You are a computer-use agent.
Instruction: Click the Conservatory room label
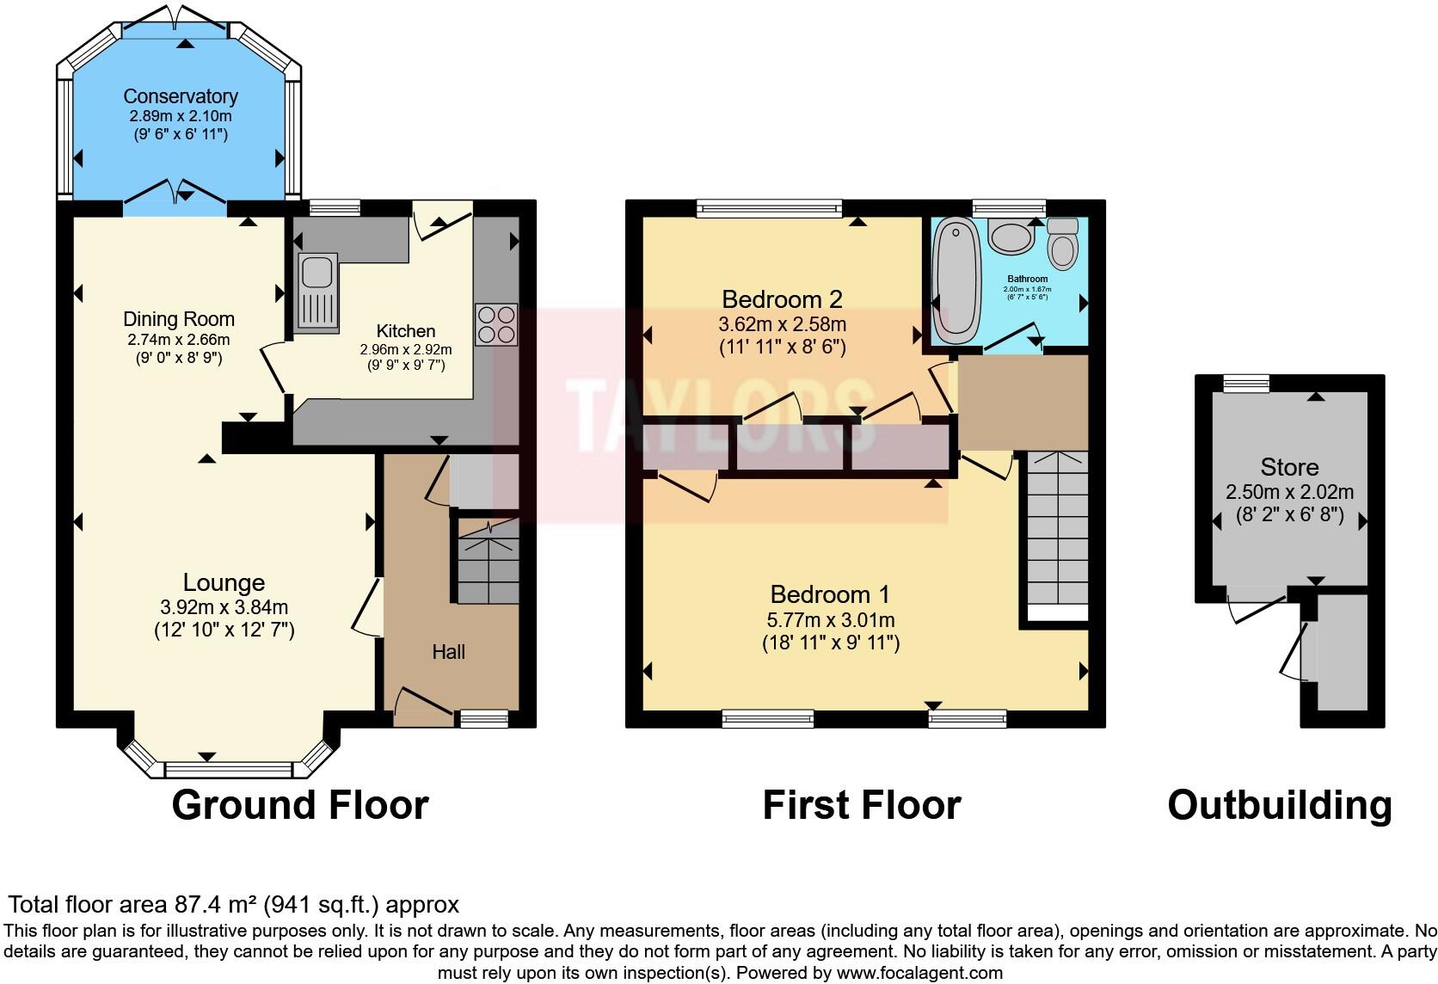(x=180, y=96)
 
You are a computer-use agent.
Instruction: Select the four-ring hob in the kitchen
(x=496, y=324)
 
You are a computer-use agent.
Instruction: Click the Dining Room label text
(x=179, y=319)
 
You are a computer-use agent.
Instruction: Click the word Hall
(x=448, y=652)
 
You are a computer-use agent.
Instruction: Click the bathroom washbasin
(x=1011, y=236)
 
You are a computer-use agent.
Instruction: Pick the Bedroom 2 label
(x=782, y=299)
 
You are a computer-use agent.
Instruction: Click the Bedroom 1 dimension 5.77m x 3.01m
(x=830, y=619)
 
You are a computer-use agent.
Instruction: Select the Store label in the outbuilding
(x=1288, y=467)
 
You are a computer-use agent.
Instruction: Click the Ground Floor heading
(x=300, y=805)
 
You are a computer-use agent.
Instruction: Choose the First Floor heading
(x=861, y=805)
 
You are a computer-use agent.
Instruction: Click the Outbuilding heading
(x=1279, y=805)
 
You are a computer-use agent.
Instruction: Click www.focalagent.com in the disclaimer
(x=919, y=973)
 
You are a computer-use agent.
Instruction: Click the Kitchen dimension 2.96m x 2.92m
(x=405, y=350)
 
